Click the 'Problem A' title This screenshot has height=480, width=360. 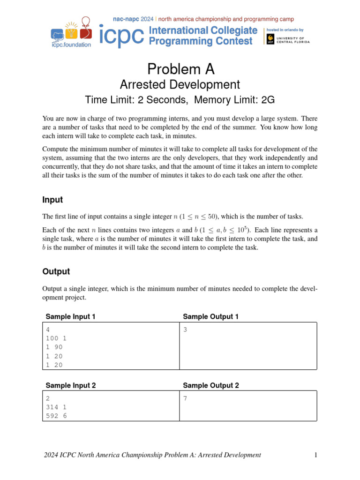180,69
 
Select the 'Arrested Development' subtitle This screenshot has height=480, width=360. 180,85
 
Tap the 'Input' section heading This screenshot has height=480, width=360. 52,200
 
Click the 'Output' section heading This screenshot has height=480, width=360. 56,271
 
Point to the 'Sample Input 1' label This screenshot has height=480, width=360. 70,317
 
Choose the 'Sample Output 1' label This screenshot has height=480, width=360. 210,317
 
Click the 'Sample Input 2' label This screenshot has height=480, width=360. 70,385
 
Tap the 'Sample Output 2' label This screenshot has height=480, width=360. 210,385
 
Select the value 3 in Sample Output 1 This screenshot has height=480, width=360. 185,330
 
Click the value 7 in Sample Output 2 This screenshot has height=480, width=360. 185,398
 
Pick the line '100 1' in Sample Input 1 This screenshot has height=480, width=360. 56,338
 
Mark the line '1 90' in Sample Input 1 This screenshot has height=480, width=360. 54,347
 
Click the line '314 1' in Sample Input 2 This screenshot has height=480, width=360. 56,406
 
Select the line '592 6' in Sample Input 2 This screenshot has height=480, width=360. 56,415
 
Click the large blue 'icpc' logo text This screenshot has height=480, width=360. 121,36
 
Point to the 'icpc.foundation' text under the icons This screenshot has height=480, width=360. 71,45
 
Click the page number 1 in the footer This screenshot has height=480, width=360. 316,455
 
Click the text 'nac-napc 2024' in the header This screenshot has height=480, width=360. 134,19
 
